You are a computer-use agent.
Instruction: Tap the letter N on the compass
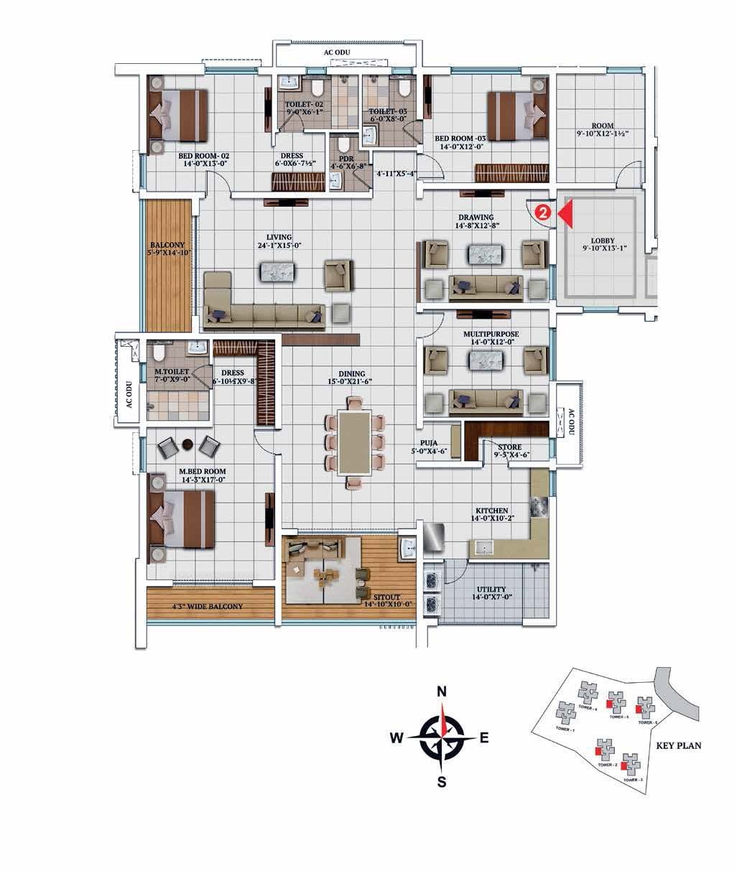tap(442, 692)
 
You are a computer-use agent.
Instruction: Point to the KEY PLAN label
tap(679, 745)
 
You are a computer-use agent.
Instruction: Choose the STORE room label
tap(509, 447)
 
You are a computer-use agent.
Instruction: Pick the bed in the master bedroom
tap(181, 518)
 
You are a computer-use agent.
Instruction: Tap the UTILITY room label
tap(491, 590)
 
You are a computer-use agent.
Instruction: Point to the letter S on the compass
tap(442, 782)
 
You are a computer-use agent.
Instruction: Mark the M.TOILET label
tap(172, 371)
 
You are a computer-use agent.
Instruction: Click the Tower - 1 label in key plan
tap(565, 730)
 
